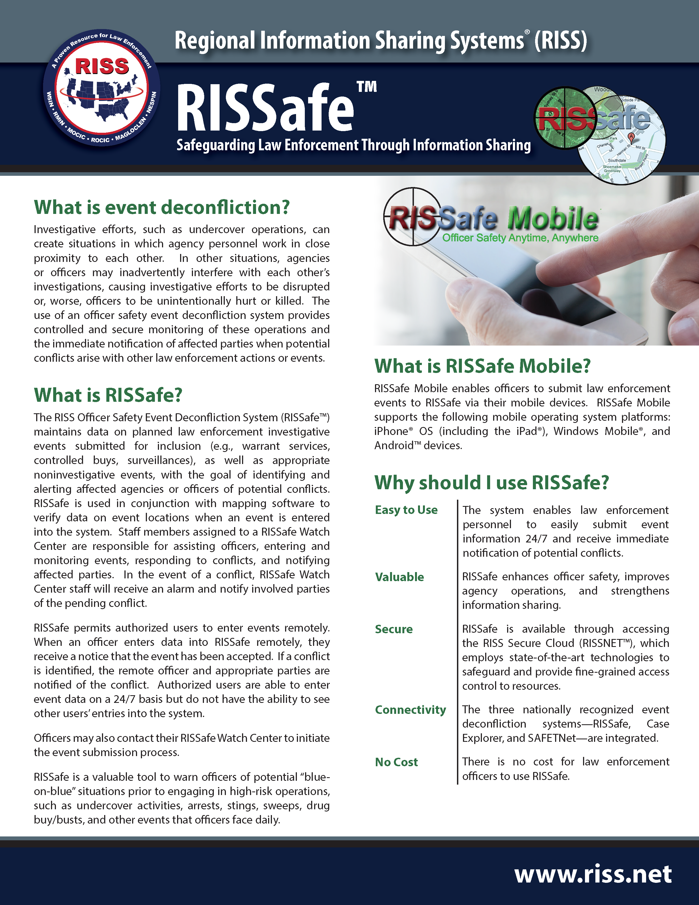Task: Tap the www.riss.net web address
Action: (x=593, y=874)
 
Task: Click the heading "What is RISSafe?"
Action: (x=108, y=395)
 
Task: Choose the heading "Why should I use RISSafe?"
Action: (x=491, y=483)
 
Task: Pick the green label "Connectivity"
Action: (x=410, y=710)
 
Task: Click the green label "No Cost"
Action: (x=396, y=762)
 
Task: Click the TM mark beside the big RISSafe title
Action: (x=366, y=87)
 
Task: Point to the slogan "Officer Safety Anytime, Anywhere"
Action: (x=520, y=238)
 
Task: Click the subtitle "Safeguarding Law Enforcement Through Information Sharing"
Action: (x=353, y=145)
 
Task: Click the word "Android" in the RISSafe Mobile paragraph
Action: (x=393, y=445)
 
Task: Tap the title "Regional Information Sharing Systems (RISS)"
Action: (x=380, y=41)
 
